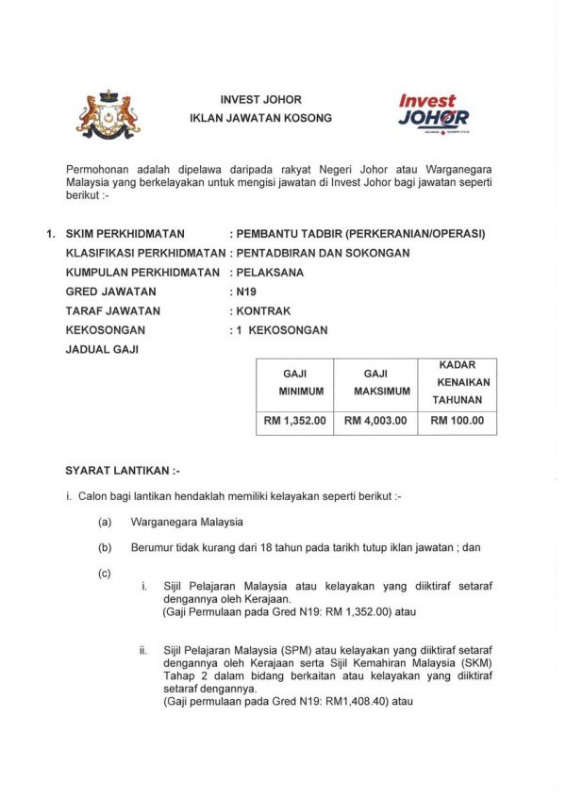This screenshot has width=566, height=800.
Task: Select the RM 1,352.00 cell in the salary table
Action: (293, 421)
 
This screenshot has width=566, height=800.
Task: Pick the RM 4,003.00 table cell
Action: (375, 421)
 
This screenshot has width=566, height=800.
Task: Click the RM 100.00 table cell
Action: (457, 421)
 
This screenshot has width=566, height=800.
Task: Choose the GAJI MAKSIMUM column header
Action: (375, 382)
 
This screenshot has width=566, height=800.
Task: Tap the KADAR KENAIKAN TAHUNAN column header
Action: (457, 382)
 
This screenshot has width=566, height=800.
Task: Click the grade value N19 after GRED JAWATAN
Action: (246, 292)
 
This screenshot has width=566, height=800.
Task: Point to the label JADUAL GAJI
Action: (101, 349)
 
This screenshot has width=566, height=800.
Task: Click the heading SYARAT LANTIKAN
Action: (122, 469)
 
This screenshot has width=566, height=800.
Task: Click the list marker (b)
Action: (104, 547)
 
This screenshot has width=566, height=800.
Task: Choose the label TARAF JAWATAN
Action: (113, 310)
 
